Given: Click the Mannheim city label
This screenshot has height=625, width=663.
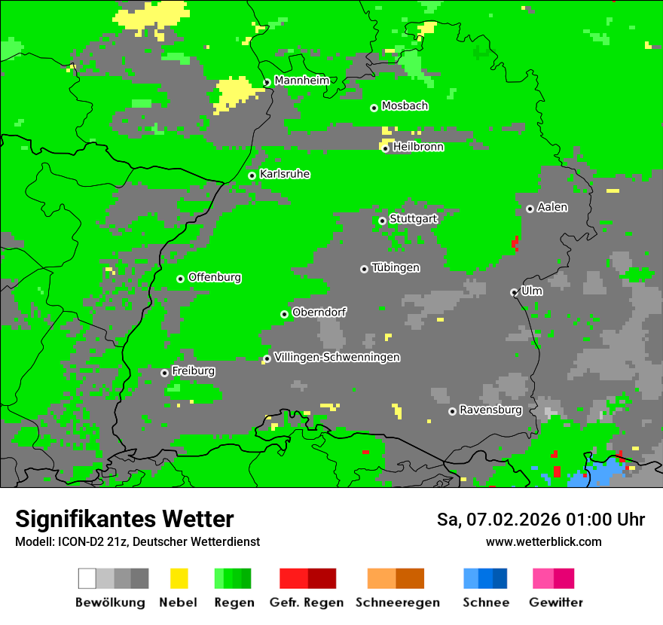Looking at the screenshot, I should (301, 81).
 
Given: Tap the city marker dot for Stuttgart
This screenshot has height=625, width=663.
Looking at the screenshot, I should (382, 221).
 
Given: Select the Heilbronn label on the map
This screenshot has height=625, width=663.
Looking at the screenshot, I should (418, 147).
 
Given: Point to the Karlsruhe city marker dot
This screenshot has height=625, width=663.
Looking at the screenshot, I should (252, 175).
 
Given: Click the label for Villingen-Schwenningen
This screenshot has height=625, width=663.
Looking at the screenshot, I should (337, 357).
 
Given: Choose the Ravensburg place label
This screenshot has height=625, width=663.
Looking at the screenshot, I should (490, 410).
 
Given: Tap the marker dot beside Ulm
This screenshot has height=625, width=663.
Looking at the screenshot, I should (514, 292).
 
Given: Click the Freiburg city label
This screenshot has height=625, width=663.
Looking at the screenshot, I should (193, 370).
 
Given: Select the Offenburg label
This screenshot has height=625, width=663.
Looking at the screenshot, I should (215, 277).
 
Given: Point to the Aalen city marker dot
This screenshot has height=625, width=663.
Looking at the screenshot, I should (530, 209).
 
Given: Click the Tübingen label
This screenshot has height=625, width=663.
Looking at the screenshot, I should (396, 267).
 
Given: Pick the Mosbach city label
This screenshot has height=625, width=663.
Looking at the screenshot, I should (405, 106).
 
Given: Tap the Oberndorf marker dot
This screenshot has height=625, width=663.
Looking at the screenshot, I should (284, 314).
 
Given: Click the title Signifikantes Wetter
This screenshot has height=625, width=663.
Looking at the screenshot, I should (124, 519).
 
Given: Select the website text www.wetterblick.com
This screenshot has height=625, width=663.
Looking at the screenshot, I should (543, 541).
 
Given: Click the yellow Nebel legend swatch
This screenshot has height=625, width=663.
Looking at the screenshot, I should (179, 578).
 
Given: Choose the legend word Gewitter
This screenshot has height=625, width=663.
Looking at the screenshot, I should (555, 602).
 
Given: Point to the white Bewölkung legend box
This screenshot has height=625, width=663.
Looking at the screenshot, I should (87, 578).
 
